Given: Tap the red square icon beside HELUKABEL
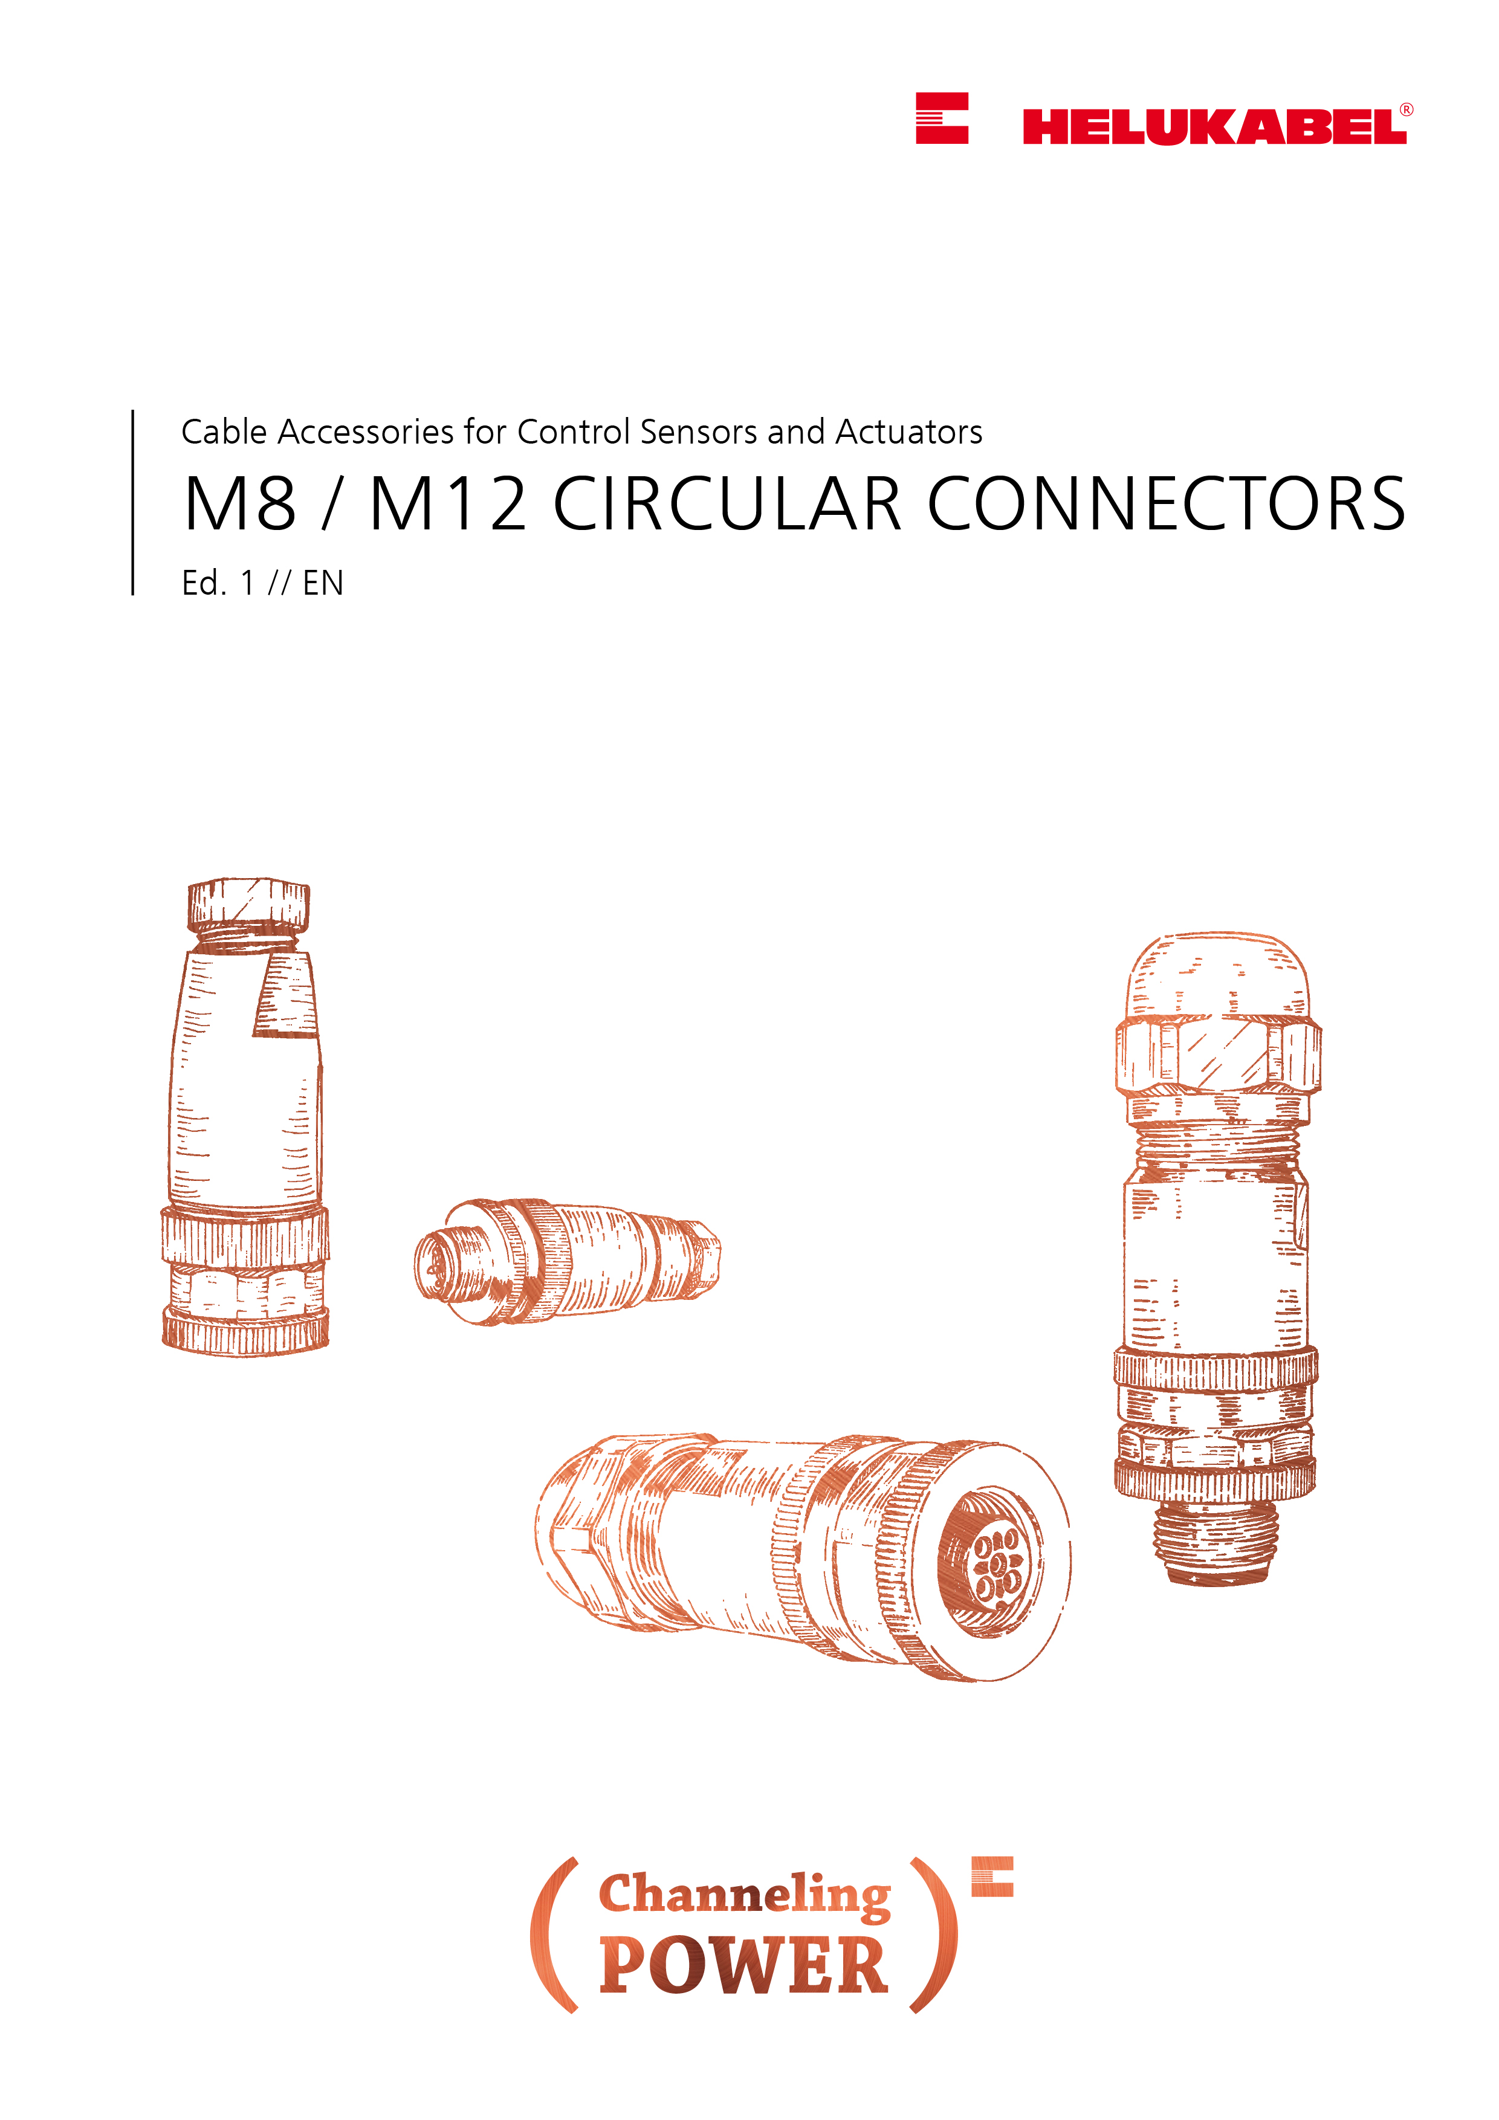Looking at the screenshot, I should pyautogui.click(x=941, y=118).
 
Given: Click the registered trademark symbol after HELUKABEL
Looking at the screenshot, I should pyautogui.click(x=1406, y=109).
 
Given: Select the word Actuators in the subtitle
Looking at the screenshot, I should pyautogui.click(x=909, y=432).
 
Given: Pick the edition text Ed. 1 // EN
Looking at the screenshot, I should pyautogui.click(x=262, y=584).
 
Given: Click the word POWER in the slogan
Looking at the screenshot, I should pyautogui.click(x=745, y=1966).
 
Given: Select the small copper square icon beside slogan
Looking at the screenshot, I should pyautogui.click(x=992, y=1876).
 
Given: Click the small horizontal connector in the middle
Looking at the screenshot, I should pyautogui.click(x=566, y=1261).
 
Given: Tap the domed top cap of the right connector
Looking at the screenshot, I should pyautogui.click(x=1217, y=975).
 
